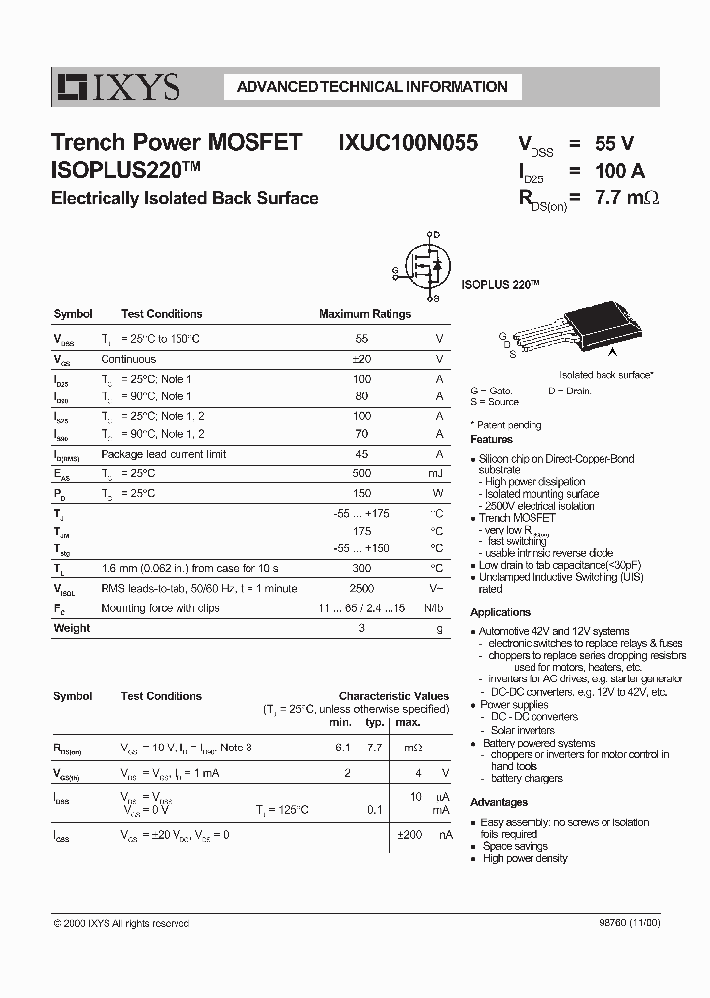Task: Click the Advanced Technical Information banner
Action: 372,87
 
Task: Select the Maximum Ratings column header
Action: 365,314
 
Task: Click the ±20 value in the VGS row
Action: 362,360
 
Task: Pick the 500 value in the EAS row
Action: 362,474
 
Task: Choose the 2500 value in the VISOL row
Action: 362,588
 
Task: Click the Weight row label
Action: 71,628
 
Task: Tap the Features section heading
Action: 491,439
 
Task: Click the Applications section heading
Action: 500,612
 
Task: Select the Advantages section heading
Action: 498,803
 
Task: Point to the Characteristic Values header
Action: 393,696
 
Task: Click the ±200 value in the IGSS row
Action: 410,835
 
